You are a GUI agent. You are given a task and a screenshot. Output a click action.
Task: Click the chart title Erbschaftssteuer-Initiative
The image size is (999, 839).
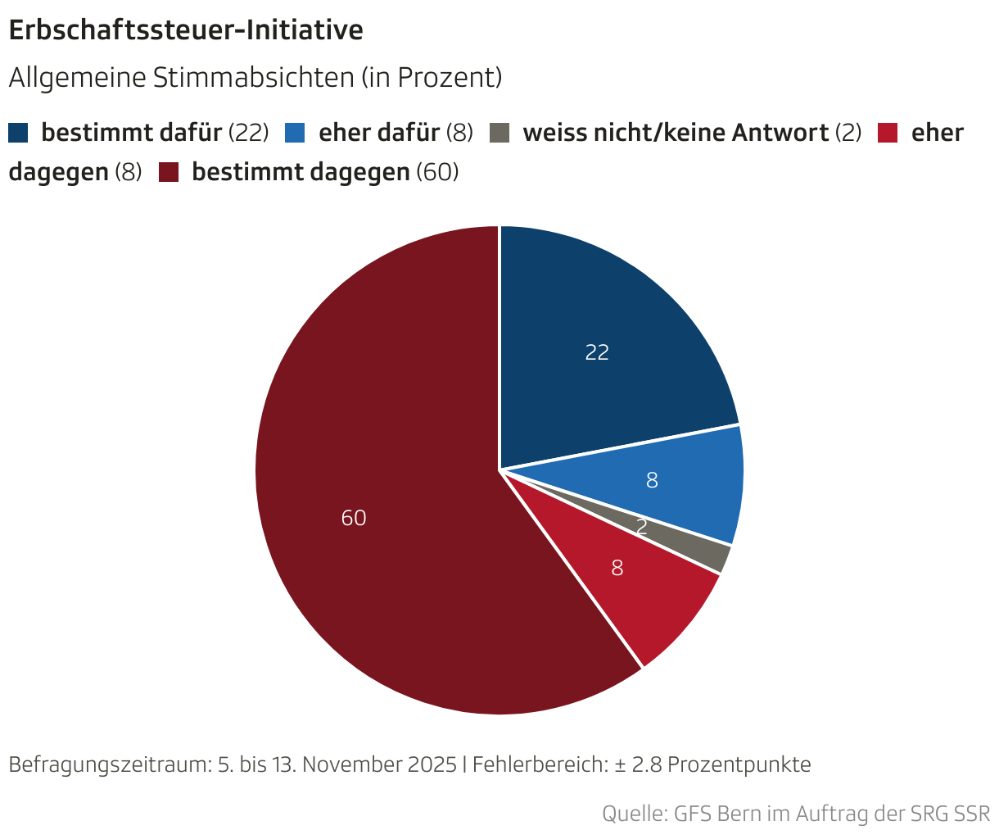tap(185, 30)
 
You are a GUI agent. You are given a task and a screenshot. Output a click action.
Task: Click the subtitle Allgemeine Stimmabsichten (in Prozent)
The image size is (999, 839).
tap(254, 78)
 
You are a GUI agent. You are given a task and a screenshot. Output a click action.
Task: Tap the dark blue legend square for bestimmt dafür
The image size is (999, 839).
tap(19, 133)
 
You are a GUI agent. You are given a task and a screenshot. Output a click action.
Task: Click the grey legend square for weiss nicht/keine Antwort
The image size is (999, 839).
tap(499, 133)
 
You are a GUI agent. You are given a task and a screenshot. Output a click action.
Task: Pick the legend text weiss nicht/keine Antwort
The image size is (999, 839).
tap(676, 133)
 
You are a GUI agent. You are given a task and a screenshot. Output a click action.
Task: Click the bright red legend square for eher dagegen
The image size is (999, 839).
tap(888, 133)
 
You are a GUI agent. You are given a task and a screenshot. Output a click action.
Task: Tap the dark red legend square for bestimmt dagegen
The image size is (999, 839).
tap(169, 172)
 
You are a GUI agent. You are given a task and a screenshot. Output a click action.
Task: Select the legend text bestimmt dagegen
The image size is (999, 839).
tap(301, 172)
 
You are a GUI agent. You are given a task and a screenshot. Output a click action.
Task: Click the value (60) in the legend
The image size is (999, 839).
tap(437, 172)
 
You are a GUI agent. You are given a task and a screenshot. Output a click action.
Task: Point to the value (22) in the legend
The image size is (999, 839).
tap(248, 133)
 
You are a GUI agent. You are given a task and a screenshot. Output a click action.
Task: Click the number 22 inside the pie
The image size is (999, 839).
tap(597, 352)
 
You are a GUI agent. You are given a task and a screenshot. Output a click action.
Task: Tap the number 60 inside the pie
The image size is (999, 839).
tap(354, 518)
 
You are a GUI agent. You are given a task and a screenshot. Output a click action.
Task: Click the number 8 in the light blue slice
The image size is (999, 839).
tap(652, 481)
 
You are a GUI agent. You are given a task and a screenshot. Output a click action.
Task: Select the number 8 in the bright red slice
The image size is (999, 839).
tap(617, 568)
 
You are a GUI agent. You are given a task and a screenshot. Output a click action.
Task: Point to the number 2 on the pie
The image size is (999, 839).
tap(642, 528)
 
